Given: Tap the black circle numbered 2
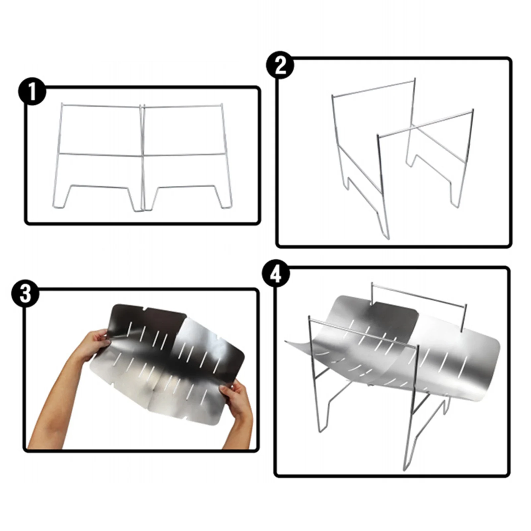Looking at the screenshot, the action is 280,65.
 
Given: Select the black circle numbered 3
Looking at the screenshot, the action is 25,294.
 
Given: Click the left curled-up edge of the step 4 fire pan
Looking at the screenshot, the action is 297,345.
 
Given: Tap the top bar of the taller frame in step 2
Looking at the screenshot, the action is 373,88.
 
